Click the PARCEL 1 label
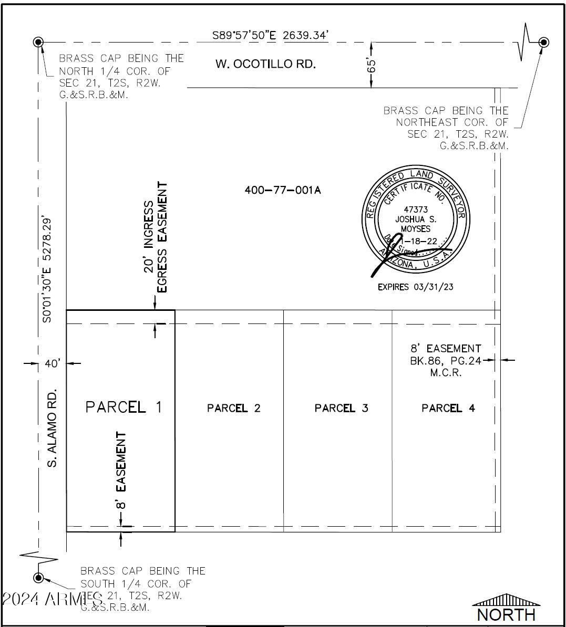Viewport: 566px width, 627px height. (x=124, y=407)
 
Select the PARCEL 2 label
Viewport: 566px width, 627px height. (x=233, y=408)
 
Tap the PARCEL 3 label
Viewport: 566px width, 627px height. (x=341, y=408)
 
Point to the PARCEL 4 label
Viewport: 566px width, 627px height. (x=448, y=408)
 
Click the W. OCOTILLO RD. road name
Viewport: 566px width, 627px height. (x=265, y=64)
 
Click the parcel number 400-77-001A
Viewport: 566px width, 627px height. (x=282, y=190)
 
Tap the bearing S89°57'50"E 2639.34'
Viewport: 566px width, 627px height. (x=270, y=35)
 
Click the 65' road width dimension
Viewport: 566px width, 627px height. (x=372, y=65)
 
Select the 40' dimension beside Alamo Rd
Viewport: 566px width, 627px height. (x=53, y=363)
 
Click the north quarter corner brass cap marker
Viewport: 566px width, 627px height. (x=38, y=42)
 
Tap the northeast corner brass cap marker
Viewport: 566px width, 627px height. (x=544, y=42)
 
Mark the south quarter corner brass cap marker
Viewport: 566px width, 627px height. (x=38, y=578)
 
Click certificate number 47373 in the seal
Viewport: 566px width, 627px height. (x=416, y=210)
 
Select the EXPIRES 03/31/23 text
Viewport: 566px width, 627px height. (x=415, y=287)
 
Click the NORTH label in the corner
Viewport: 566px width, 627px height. (x=506, y=614)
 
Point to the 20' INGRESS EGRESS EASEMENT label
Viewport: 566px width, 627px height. (x=156, y=237)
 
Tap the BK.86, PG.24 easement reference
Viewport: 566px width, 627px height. (x=446, y=361)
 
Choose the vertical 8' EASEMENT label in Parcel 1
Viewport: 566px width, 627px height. (x=121, y=470)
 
